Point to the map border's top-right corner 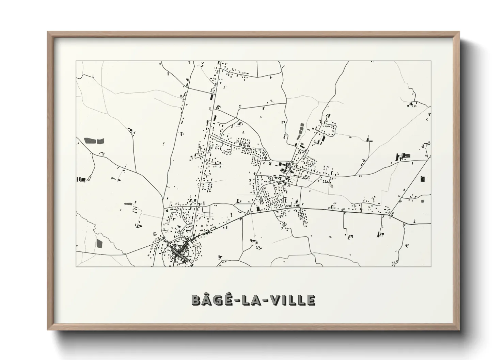[431, 61]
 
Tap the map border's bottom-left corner [76, 266]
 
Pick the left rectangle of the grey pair [90, 140]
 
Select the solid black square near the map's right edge [423, 179]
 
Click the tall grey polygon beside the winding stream [99, 243]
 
